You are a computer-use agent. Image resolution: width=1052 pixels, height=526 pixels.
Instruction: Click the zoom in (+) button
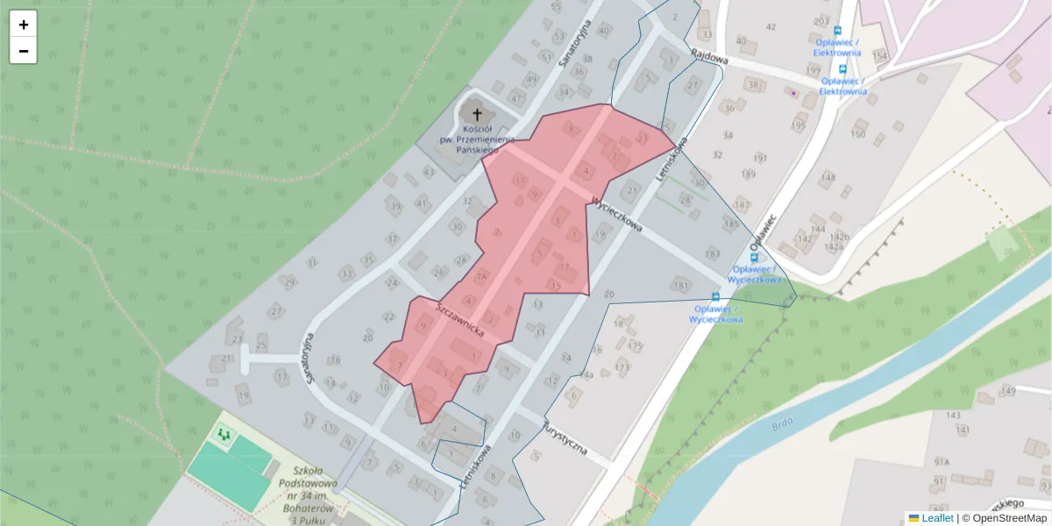point(24,25)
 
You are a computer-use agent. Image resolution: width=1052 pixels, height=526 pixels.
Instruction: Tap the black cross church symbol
point(477,114)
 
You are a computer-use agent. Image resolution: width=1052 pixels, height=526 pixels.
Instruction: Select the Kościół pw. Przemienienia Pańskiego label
point(470,139)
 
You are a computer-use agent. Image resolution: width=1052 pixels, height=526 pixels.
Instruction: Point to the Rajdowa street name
point(710,55)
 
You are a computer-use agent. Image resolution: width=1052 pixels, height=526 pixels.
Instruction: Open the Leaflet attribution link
point(937,518)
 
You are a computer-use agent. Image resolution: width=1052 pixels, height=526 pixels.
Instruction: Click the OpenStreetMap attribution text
point(1011,518)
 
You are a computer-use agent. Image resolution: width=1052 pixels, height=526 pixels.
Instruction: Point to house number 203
point(821,21)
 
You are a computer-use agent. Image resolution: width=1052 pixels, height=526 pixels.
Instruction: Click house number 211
point(227,359)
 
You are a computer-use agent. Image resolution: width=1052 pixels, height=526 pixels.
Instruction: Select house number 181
point(679,286)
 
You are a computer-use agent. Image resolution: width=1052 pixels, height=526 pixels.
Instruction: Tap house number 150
point(858,134)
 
